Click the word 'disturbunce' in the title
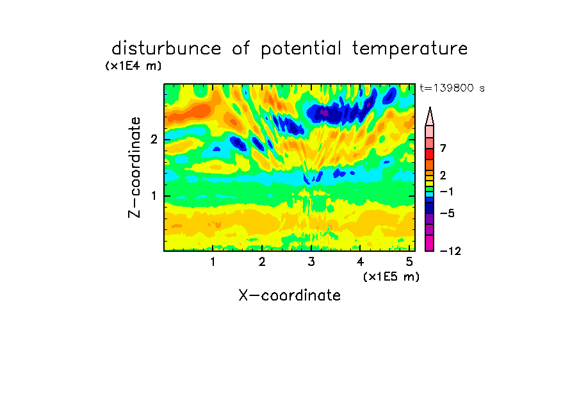(166, 49)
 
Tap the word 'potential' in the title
(301, 49)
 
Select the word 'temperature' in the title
(410, 49)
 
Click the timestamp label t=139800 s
(452, 88)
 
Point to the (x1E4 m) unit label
(133, 66)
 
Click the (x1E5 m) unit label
(391, 276)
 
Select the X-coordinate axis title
(289, 295)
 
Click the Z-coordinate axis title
(135, 167)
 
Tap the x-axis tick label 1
(213, 261)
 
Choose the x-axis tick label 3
(311, 261)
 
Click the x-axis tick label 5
(409, 261)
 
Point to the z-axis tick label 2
(154, 139)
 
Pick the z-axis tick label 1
(154, 195)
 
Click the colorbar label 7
(443, 148)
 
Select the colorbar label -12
(450, 251)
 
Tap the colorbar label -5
(447, 213)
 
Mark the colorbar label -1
(446, 192)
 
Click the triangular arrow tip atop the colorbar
(430, 108)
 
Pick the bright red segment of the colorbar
(430, 154)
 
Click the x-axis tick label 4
(360, 261)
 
